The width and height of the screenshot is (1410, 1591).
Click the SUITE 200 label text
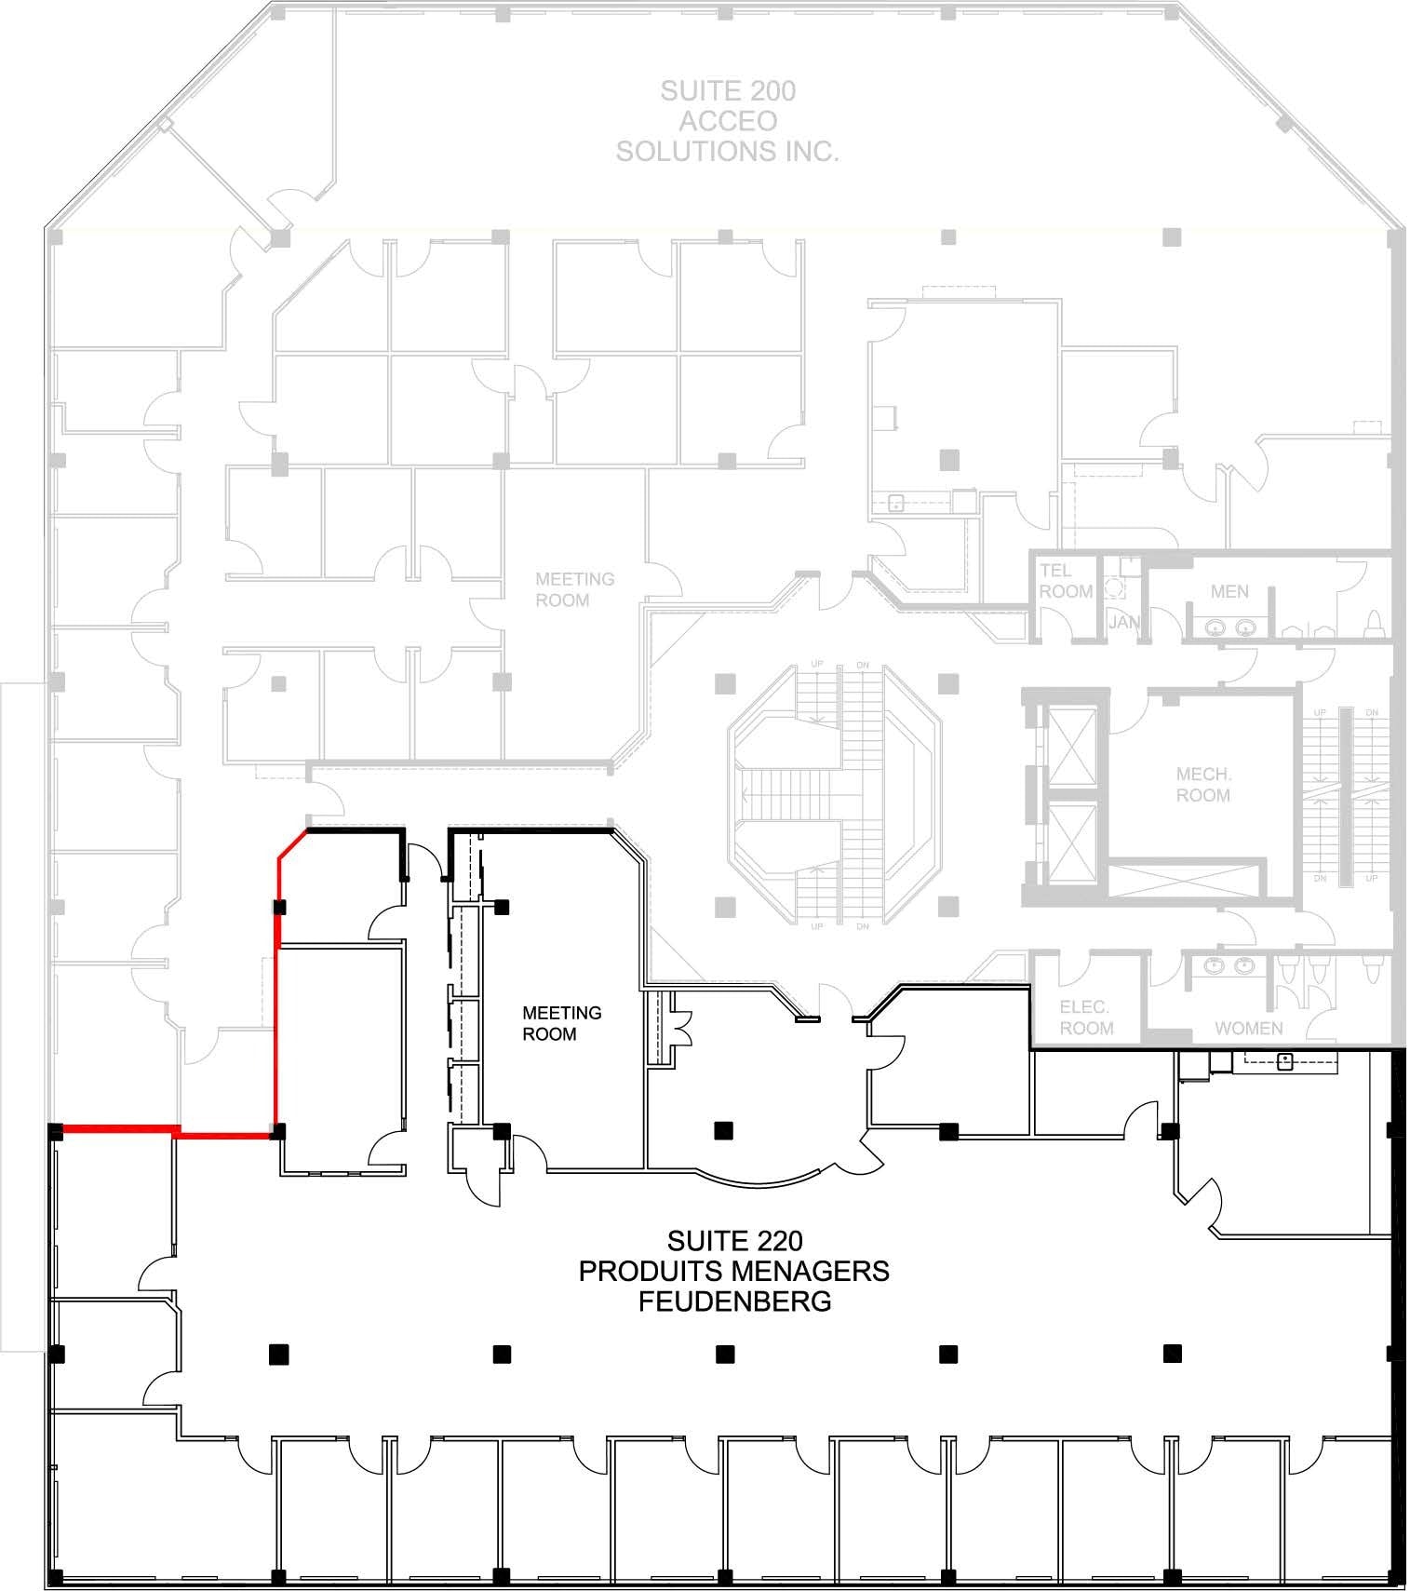coord(728,91)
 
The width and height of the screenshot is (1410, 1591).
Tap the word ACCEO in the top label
coord(728,121)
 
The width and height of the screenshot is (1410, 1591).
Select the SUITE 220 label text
coord(734,1241)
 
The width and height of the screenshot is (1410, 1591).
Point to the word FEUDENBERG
coord(734,1301)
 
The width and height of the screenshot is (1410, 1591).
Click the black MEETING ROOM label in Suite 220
coord(561,1023)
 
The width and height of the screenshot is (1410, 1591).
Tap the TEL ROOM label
coord(1065,581)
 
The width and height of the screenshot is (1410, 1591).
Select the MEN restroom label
coord(1229,592)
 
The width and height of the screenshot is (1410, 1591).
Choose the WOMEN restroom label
coord(1248,1029)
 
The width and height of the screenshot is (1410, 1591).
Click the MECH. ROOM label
coord(1202,785)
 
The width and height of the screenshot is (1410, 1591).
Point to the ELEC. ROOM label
coord(1085,1018)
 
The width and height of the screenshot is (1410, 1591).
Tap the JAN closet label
coord(1122,622)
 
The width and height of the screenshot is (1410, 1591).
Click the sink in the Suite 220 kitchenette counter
coord(1284,1060)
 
